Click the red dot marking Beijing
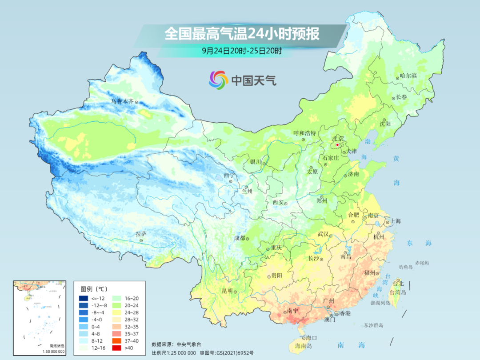point(338,144)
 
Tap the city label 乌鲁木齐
point(122,101)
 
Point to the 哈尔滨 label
point(408,76)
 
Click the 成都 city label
point(240,238)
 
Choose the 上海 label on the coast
point(395,221)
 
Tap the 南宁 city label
point(292,311)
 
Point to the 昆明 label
point(227,291)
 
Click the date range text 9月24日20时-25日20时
point(242,51)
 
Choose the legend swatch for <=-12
point(84,298)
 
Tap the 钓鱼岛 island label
point(406,267)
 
